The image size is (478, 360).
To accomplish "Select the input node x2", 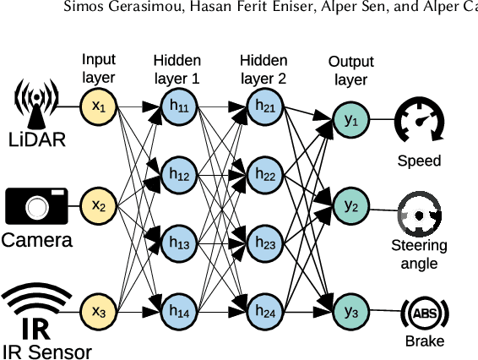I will pos(98,205).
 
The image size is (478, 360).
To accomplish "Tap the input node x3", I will pos(98,311).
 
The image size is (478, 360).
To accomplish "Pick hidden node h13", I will pos(178,243).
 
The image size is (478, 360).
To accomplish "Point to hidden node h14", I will pos(178,311).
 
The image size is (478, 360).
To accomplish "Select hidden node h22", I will pos(266,175).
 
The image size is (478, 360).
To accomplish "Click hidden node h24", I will pos(266,311).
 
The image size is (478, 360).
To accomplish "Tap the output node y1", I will pos(350,120).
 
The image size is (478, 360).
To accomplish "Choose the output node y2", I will pos(350,205).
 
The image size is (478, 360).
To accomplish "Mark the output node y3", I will pos(350,311).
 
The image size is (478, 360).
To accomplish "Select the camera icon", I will pos(36,205).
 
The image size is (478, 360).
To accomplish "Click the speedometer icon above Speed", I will pos(419,120).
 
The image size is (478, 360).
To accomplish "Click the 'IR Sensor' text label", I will pos(46,350).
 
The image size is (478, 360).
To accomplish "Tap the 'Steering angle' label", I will pos(419,254).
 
